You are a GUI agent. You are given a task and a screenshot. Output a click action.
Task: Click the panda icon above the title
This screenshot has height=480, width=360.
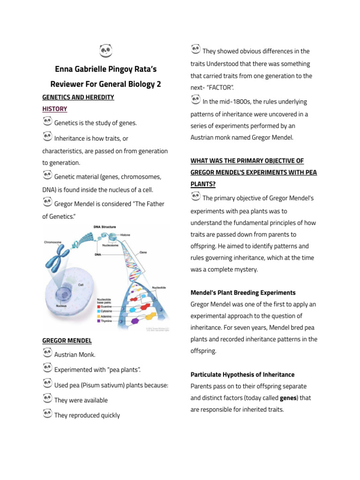point(106,51)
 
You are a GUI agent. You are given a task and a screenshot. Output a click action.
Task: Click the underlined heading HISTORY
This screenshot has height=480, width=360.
point(55,109)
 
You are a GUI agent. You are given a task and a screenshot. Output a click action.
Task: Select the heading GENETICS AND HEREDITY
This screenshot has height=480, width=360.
point(78,97)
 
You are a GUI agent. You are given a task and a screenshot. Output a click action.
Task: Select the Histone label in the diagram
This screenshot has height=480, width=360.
point(125,235)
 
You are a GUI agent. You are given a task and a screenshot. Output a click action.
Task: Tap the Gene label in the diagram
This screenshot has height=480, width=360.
point(143,252)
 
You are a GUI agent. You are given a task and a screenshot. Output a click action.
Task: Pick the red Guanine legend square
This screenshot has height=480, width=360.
point(98,306)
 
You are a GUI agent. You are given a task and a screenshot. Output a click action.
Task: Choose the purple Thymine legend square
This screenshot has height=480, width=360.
point(98,321)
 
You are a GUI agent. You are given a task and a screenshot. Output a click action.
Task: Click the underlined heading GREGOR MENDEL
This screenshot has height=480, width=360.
point(67,340)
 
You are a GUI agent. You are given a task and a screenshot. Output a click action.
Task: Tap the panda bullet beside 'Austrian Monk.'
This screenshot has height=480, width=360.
point(47,353)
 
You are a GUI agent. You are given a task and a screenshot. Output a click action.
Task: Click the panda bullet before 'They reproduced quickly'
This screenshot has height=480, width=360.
point(47,413)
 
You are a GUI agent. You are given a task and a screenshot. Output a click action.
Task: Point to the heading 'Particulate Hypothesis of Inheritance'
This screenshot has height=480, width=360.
point(242,375)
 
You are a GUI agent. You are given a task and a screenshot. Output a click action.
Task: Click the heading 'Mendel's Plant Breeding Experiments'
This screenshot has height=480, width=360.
point(243,292)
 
